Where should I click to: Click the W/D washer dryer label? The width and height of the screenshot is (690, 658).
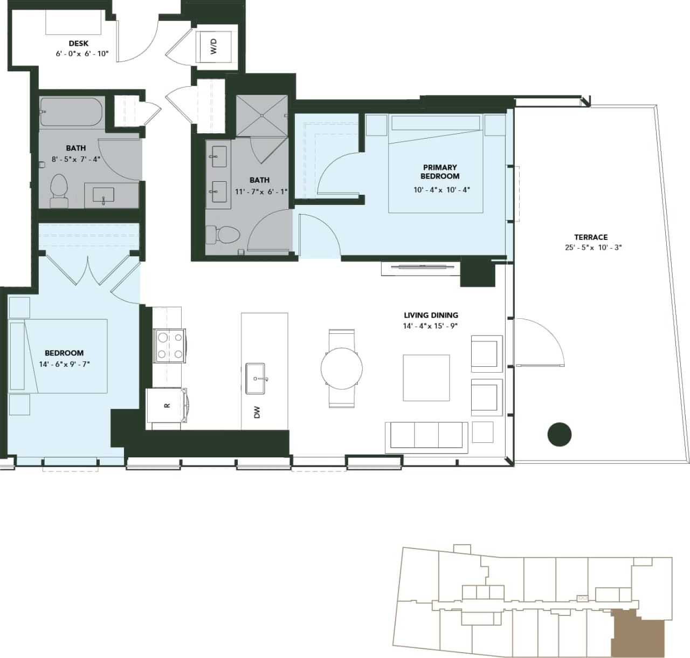(x=213, y=46)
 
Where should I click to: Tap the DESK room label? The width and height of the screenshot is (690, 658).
(x=79, y=43)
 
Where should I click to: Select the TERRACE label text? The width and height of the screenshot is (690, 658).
(x=591, y=237)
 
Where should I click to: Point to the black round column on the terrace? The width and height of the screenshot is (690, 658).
(x=559, y=434)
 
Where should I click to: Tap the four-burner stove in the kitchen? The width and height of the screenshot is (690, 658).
(x=170, y=346)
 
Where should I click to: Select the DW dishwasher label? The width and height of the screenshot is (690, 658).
(x=257, y=413)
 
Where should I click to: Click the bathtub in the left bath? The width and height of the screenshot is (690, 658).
(x=72, y=112)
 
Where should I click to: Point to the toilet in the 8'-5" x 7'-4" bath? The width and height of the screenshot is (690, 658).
(x=58, y=190)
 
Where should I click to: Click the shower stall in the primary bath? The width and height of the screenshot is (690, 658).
(x=261, y=115)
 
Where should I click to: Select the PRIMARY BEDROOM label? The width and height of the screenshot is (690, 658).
(x=440, y=172)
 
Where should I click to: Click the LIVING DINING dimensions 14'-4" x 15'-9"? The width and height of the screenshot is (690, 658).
(x=430, y=326)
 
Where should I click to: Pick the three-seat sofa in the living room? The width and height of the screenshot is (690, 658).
(x=426, y=437)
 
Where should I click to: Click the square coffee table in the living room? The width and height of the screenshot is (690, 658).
(x=426, y=378)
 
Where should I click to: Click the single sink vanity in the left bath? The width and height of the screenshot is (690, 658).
(x=103, y=195)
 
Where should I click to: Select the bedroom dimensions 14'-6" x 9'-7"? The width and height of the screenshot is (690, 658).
(x=64, y=364)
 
